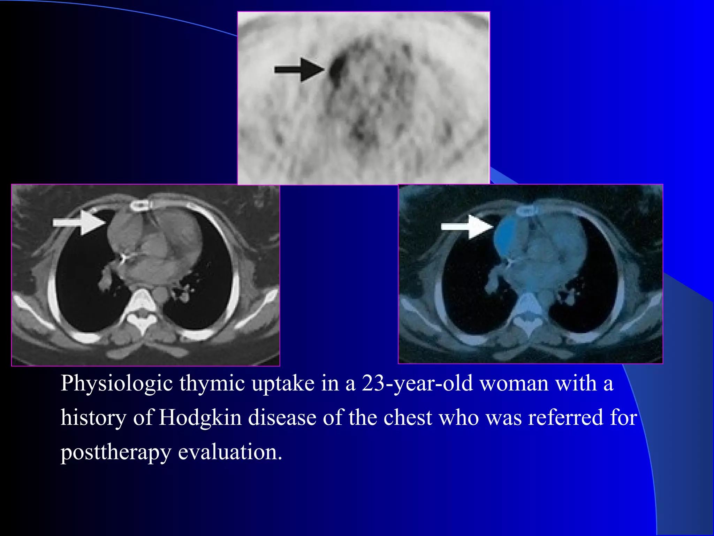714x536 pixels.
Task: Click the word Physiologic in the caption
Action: click(117, 384)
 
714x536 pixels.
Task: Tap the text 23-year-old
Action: click(417, 384)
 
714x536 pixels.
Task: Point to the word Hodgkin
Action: click(200, 417)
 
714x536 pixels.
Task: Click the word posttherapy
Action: click(116, 452)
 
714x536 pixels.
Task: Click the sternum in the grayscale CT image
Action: click(140, 206)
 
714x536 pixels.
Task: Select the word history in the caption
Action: click(93, 417)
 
